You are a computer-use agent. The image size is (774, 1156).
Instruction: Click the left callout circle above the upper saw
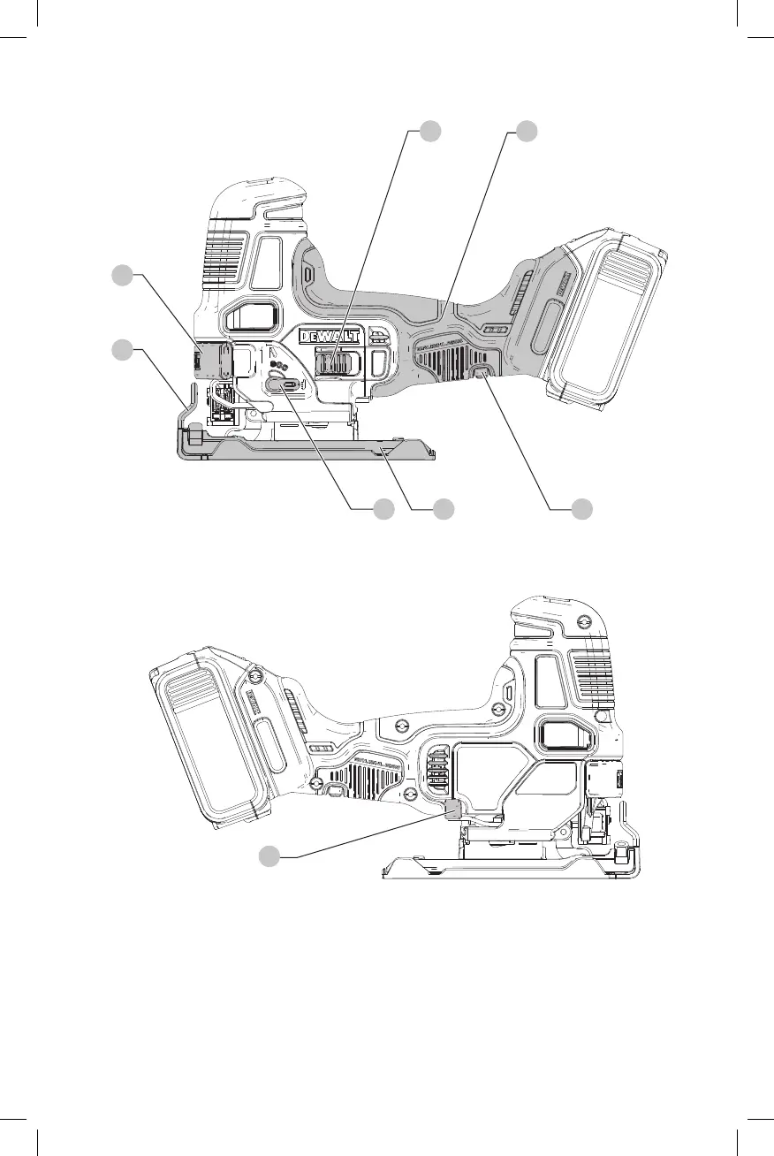pos(429,131)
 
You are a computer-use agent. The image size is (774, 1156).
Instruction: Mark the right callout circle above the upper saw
pos(527,131)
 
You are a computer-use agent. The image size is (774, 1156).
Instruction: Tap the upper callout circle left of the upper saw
pos(121,275)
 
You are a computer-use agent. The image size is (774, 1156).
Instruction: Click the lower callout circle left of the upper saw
pos(121,350)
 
